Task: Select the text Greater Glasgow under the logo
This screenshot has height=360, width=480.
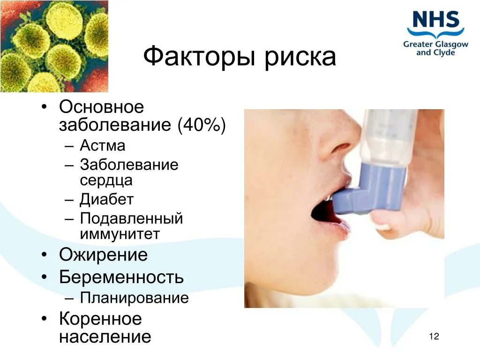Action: (x=436, y=44)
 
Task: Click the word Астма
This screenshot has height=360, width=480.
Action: (x=103, y=145)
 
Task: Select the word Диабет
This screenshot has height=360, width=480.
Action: (x=106, y=199)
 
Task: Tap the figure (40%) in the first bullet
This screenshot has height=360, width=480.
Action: (x=201, y=125)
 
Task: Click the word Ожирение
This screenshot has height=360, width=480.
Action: (x=103, y=255)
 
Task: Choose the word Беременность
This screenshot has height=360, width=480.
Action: (x=121, y=277)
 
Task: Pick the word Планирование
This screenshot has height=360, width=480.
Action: (x=134, y=298)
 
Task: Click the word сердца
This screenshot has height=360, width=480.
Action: (x=106, y=180)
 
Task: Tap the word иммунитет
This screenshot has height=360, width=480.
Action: (x=120, y=233)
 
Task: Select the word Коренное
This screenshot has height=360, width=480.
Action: (x=100, y=319)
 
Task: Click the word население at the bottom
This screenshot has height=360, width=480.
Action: (x=105, y=337)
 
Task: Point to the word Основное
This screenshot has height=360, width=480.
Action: (x=101, y=107)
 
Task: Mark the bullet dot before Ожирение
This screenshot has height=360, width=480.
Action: (x=44, y=255)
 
